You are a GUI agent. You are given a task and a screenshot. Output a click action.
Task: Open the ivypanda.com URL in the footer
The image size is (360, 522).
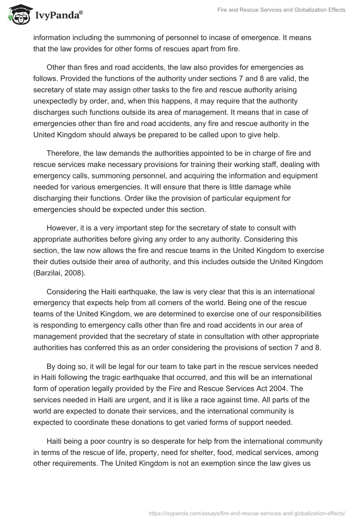(x=247, y=513)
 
